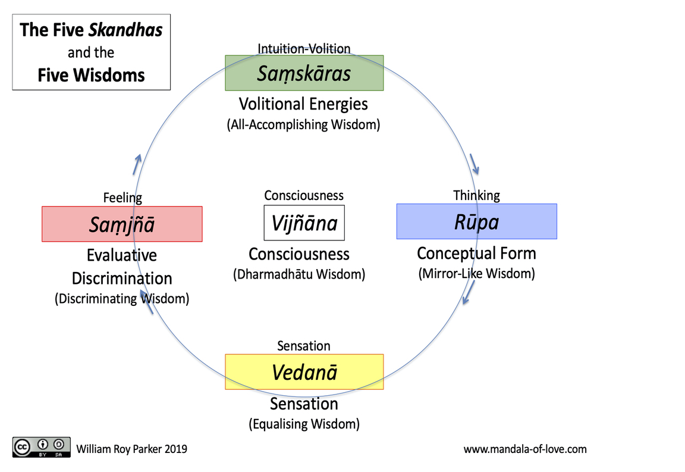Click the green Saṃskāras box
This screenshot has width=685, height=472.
(x=304, y=73)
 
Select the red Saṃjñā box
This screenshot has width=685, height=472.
(x=122, y=224)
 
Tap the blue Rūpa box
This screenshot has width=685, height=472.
(x=477, y=221)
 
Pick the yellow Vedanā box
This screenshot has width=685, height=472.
(x=304, y=372)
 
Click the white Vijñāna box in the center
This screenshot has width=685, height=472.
(x=304, y=223)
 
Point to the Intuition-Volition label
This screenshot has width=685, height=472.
(x=304, y=48)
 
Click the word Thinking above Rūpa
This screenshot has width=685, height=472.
(x=477, y=196)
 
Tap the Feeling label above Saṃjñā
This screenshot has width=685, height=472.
(x=122, y=198)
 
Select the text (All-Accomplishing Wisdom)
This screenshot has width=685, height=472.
(x=303, y=124)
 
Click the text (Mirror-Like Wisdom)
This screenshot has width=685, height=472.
(x=477, y=273)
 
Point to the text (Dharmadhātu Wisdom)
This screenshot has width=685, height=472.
(x=299, y=274)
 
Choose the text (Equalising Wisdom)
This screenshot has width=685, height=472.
(x=304, y=424)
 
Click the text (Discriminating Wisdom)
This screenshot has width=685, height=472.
(x=122, y=299)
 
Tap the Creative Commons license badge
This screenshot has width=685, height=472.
(x=42, y=447)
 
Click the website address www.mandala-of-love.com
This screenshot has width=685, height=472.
(x=525, y=449)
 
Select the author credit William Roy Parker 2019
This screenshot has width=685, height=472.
(x=131, y=449)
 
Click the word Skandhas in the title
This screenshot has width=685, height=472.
(x=125, y=30)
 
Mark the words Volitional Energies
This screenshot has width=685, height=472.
(x=303, y=104)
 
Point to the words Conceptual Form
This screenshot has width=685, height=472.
(x=477, y=254)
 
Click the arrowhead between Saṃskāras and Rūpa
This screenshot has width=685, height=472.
(x=475, y=164)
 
